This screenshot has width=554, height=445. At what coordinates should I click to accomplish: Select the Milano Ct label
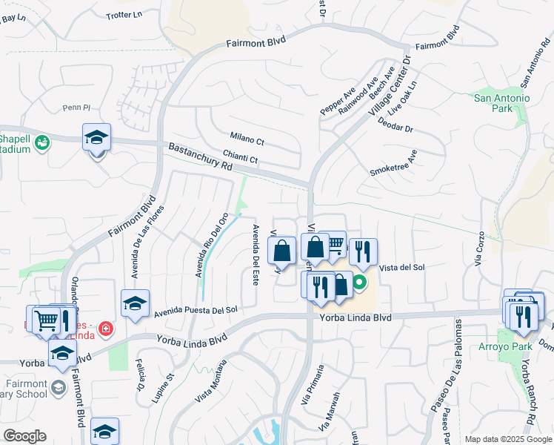247,139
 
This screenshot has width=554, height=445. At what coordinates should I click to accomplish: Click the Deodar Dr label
395,128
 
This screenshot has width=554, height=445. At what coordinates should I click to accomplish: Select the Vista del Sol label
401,267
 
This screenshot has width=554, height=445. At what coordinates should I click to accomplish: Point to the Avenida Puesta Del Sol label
196,311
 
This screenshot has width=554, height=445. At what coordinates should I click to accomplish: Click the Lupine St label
164,388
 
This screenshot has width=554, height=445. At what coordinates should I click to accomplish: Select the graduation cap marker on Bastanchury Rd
96,139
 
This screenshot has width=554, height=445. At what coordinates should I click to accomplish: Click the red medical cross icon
106,327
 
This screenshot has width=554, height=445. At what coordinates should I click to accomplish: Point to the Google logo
24,436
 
